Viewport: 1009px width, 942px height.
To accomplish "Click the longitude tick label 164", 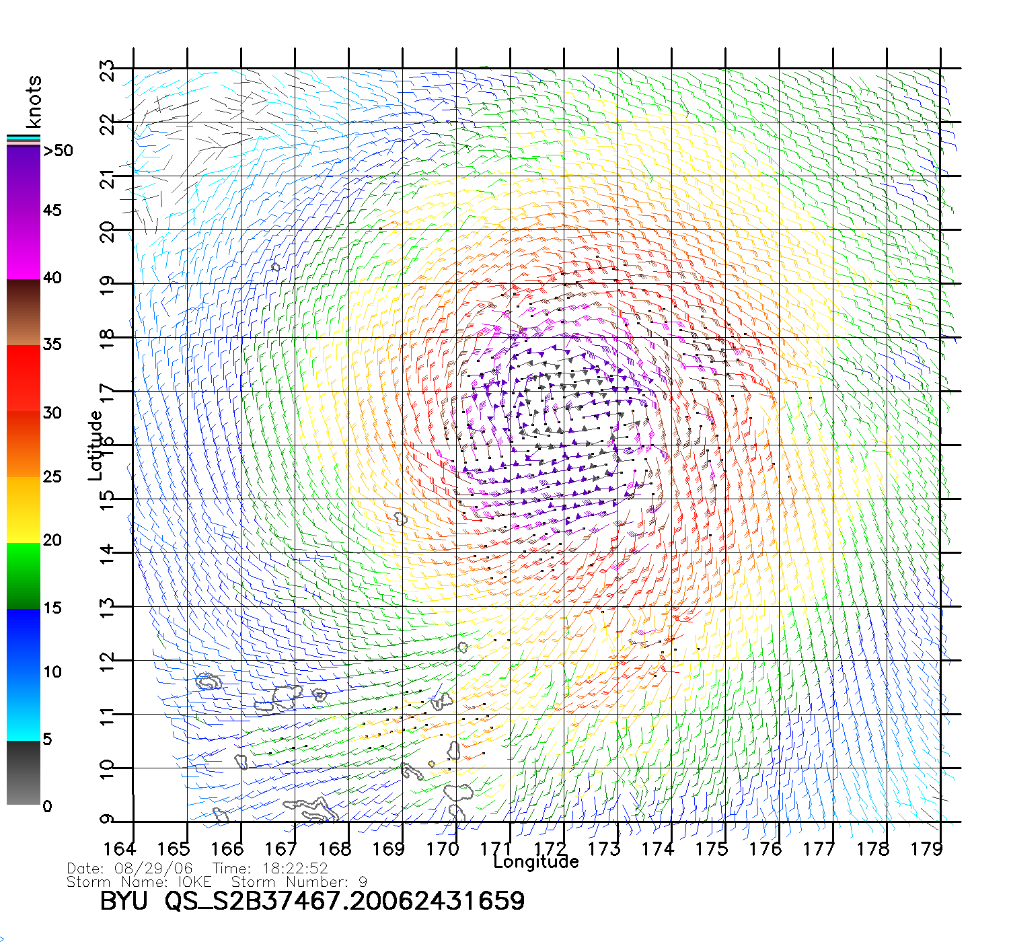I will coord(120,849).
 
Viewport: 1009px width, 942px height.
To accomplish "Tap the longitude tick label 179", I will coord(926,849).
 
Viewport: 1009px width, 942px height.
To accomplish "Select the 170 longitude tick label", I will coord(442,849).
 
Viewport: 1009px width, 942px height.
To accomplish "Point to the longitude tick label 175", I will coord(711,849).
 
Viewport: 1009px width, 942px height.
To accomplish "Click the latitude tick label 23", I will coord(108,71).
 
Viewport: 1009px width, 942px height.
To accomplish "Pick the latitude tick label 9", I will coord(108,819).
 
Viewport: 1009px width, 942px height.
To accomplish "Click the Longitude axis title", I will coord(536,862).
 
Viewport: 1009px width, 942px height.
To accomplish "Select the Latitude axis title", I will coord(96,445).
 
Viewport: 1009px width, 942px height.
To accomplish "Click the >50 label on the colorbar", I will coord(58,151).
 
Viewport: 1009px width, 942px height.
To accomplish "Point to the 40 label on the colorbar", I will coord(52,277).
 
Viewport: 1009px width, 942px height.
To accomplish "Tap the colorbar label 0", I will coord(47,806).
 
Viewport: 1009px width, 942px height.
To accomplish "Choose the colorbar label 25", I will coord(52,477).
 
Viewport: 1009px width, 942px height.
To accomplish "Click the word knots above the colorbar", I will coord(34,102).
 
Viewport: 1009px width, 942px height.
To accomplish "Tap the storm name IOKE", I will coord(194,881).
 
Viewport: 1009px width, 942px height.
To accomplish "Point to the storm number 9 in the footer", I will coord(363,881).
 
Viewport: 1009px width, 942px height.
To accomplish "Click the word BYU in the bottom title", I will coord(124,901).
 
